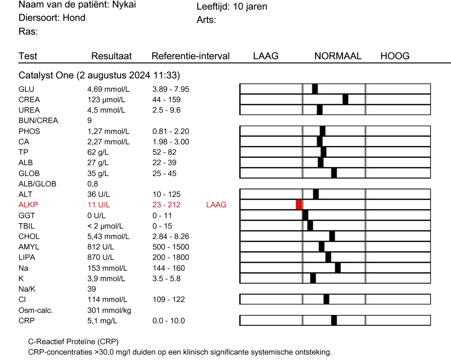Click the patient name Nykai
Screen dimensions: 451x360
124,5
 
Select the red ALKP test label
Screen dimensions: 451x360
28,205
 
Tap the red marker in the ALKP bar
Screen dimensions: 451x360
299,204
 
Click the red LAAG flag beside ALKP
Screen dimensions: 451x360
216,205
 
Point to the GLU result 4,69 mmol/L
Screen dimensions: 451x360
109,89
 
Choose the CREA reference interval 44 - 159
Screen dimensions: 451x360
167,100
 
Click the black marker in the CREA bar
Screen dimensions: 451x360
345,99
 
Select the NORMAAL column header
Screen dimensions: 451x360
338,56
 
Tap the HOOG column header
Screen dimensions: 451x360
395,56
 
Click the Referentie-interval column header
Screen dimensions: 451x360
190,56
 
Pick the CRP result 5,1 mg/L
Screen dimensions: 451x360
102,321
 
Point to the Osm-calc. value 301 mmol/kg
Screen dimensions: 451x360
109,311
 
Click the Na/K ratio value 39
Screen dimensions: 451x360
92,289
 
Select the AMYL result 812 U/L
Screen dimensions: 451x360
101,247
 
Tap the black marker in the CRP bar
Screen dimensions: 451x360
334,320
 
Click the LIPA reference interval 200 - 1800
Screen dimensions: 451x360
171,257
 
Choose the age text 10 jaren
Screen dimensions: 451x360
250,7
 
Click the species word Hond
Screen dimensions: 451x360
74,18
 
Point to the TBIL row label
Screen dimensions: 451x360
26,226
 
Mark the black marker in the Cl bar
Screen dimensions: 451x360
326,299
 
